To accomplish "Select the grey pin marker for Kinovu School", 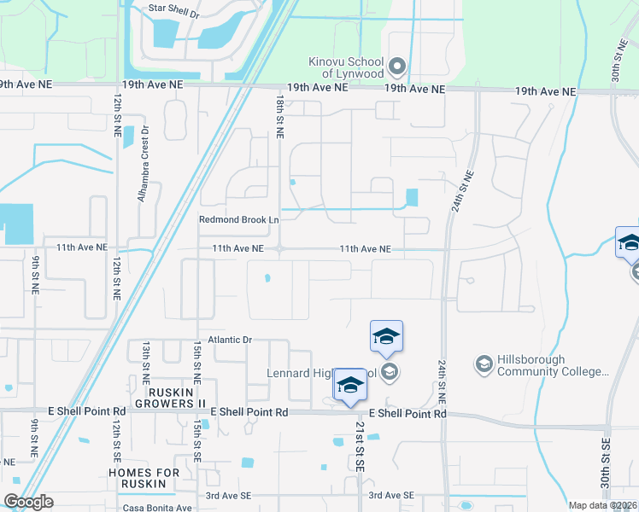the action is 396,66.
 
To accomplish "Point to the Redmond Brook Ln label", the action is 239,219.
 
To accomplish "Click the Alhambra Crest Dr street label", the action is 144,164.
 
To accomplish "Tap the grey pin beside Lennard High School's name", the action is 390,371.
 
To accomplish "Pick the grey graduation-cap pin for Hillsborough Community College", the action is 484,364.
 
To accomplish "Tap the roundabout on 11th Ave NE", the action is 279,249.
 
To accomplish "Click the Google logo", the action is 27,502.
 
